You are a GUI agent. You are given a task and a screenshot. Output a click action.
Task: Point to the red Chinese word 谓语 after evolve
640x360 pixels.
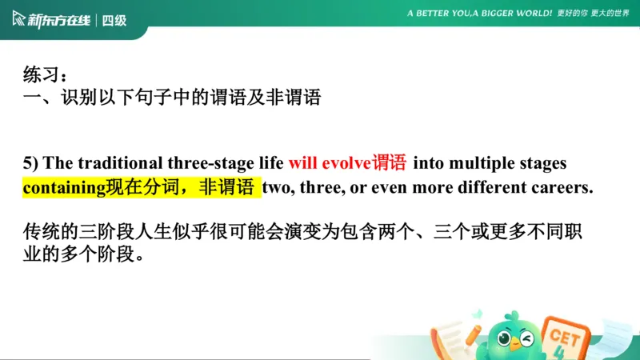coord(389,163)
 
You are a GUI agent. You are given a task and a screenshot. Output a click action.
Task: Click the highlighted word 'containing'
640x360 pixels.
coord(64,188)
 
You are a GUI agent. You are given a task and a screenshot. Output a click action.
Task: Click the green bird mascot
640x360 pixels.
coord(511,336)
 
